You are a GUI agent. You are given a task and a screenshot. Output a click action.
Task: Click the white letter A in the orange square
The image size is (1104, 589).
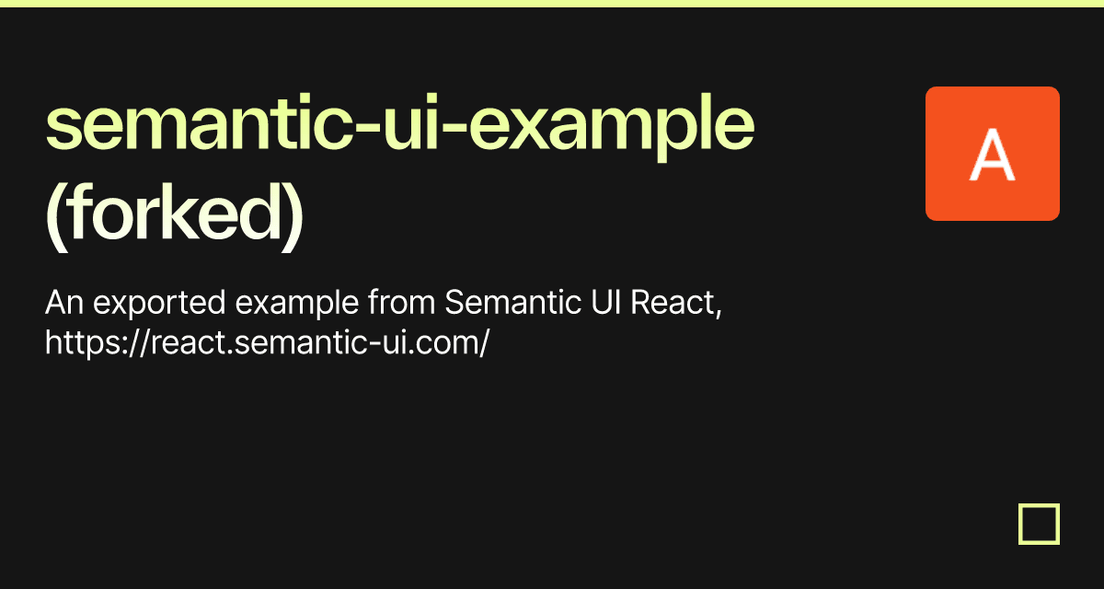pos(992,156)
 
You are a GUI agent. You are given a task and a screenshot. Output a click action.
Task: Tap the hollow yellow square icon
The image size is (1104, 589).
pos(1039,525)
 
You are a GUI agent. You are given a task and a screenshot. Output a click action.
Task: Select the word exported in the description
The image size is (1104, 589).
pos(137,303)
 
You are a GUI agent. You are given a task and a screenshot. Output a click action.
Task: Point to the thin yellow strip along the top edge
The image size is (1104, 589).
pos(552,3)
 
